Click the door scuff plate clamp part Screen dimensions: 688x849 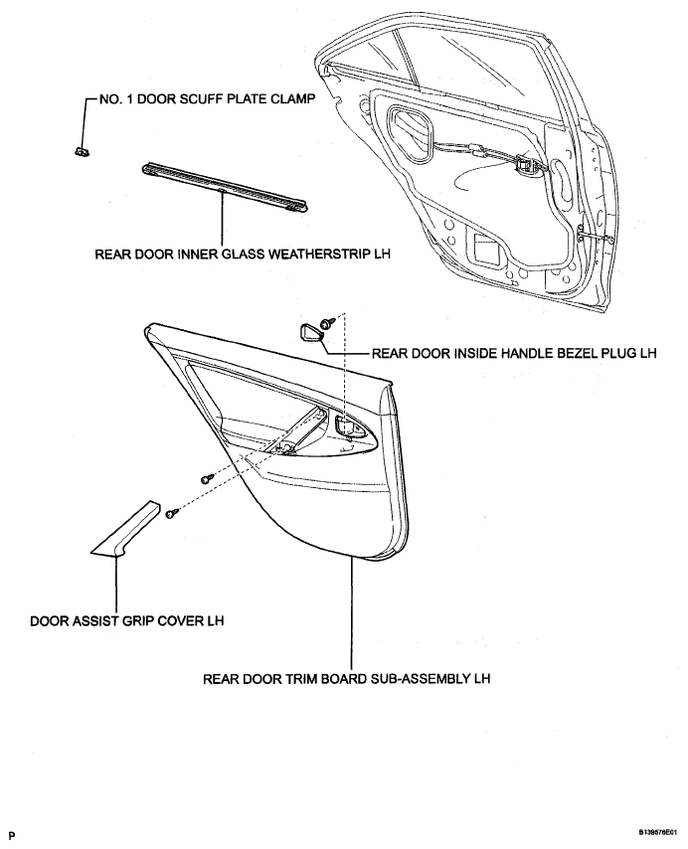(x=82, y=151)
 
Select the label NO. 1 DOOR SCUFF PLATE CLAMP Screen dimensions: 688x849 (x=207, y=100)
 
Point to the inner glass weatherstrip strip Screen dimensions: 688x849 (x=225, y=187)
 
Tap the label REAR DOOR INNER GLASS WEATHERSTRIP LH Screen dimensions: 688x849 (x=242, y=254)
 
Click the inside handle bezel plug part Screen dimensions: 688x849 (x=309, y=331)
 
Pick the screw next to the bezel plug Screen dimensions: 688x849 (x=326, y=324)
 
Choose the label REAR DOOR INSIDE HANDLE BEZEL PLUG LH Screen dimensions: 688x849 (x=514, y=354)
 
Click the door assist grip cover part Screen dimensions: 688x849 (x=125, y=529)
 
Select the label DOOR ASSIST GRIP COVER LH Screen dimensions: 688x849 (x=126, y=620)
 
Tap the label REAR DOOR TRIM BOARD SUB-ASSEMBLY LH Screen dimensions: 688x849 (x=346, y=678)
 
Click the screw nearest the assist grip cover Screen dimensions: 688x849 (x=173, y=512)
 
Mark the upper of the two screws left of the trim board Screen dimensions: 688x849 (x=208, y=478)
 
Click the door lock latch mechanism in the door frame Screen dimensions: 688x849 (x=524, y=165)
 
